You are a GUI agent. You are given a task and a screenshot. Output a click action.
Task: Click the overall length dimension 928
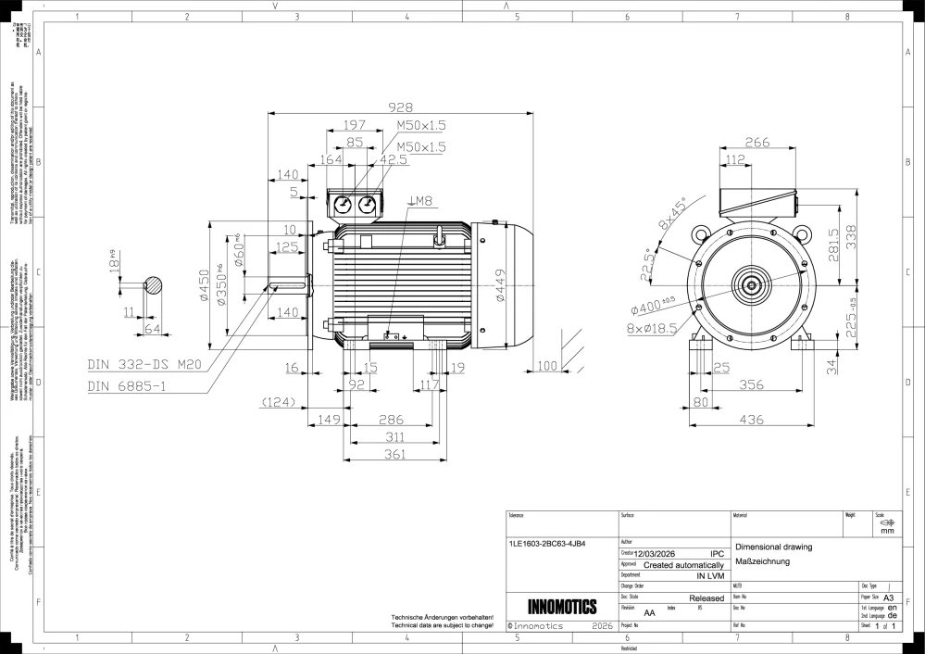(399, 107)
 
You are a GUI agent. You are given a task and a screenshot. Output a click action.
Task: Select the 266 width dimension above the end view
(757, 143)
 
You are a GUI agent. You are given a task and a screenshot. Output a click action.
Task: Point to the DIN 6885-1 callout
(127, 385)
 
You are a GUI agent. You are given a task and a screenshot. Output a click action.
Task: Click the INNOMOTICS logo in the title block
(561, 608)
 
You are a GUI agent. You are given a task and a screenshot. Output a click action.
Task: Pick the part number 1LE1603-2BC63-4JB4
(547, 544)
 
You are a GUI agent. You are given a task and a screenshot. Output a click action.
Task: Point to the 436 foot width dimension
(751, 420)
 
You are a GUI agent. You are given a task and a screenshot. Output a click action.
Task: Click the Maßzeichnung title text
(762, 561)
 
